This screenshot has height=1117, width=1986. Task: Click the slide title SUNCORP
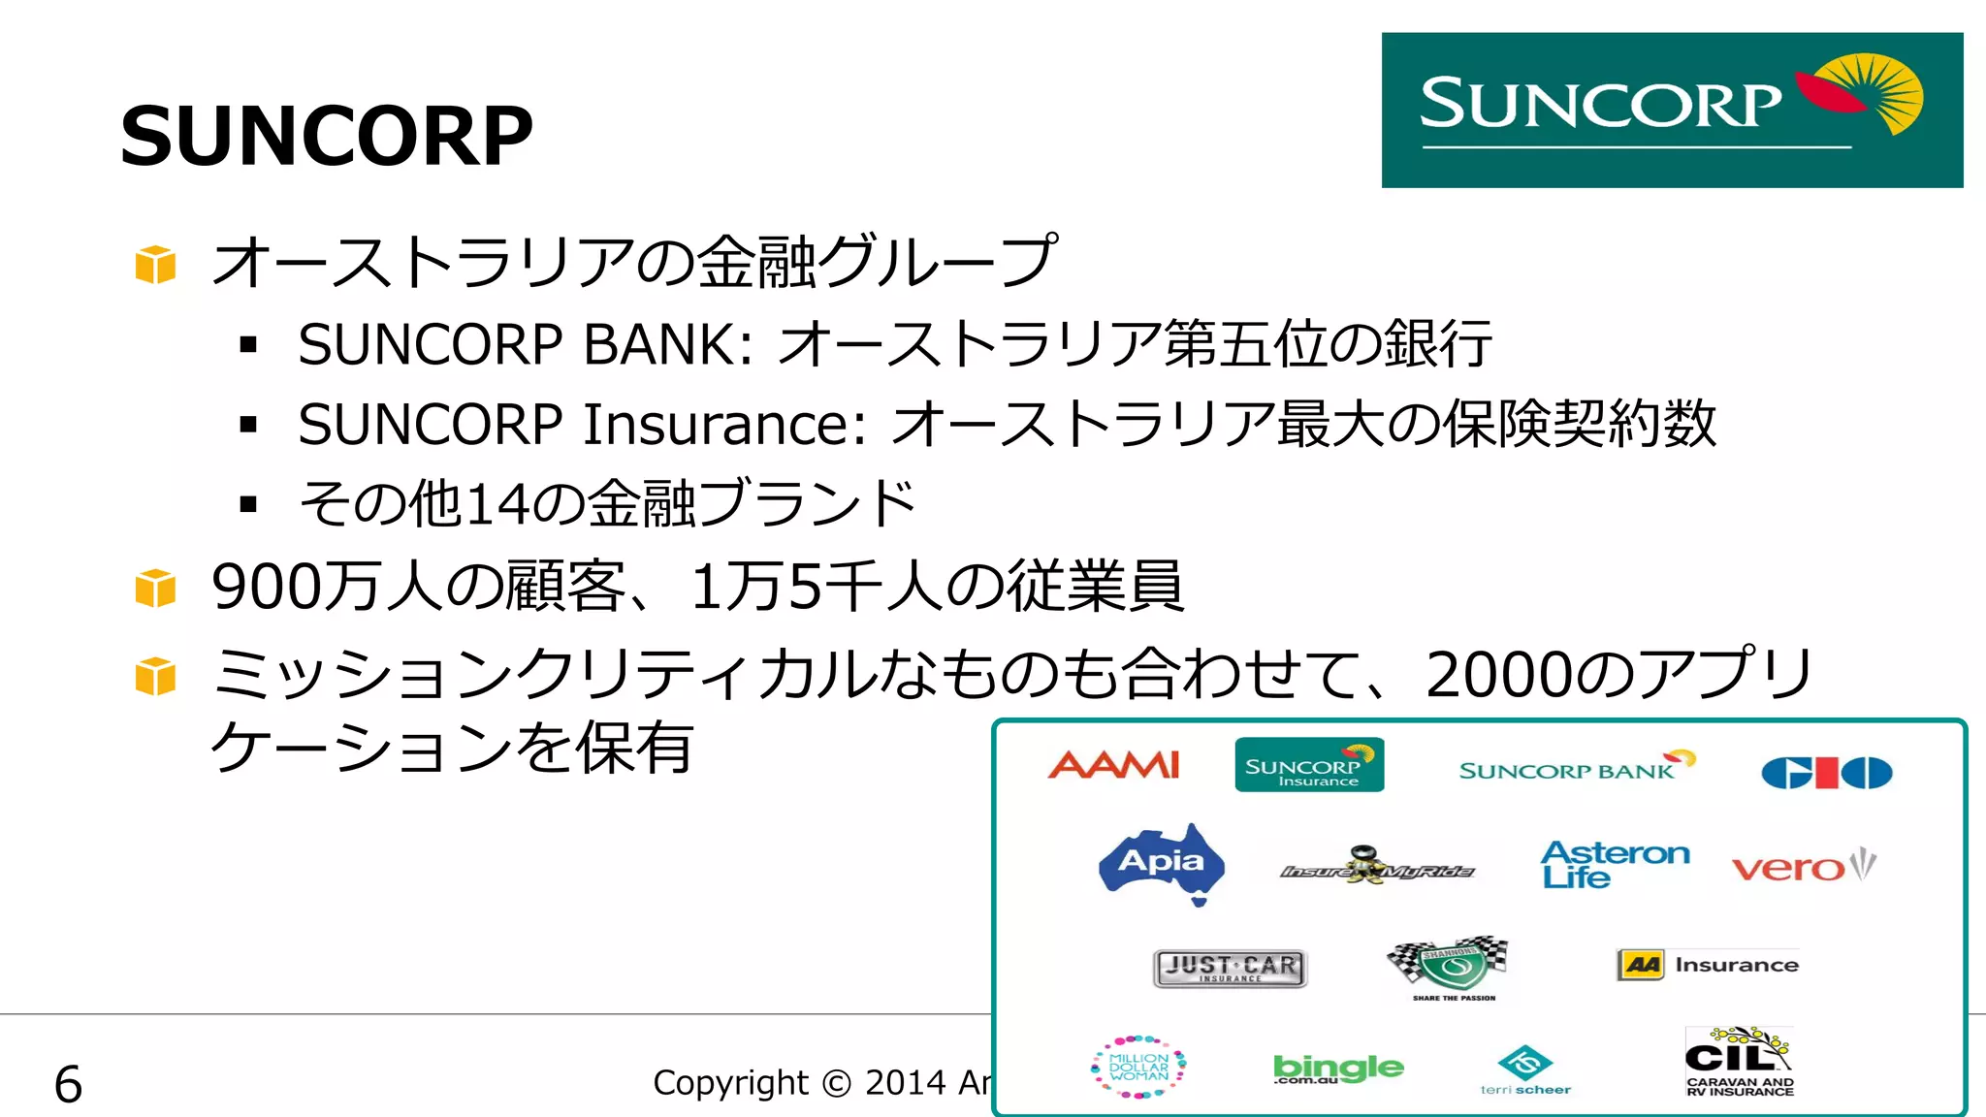(327, 137)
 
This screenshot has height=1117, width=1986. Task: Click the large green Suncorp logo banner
(1671, 110)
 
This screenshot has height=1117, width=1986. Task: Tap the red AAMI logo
(1114, 765)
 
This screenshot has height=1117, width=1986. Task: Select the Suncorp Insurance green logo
(1308, 765)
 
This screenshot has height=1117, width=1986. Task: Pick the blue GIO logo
(1826, 773)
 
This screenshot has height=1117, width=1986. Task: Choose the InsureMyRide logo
(1376, 866)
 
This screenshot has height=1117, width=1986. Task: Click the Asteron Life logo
(1614, 864)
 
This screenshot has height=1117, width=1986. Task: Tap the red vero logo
(1803, 865)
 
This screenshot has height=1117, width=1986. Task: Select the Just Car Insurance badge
(1230, 968)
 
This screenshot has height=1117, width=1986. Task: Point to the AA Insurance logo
(1708, 965)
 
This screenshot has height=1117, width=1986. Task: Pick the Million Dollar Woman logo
(1138, 1067)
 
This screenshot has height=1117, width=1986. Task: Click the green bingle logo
(1337, 1069)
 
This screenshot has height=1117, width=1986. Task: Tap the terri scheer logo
(1525, 1070)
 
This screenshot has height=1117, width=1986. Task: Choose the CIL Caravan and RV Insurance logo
(1740, 1062)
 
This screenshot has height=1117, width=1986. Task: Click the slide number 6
(68, 1083)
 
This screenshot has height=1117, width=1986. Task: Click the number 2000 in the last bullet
(1499, 675)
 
